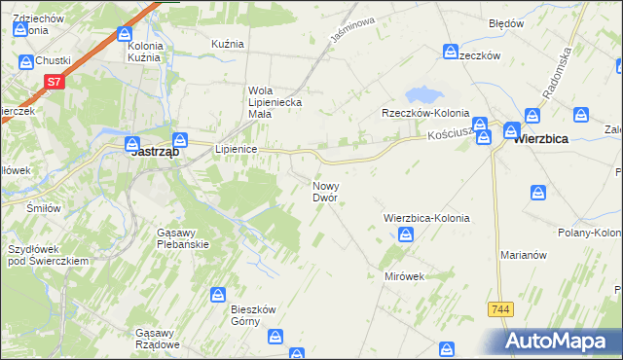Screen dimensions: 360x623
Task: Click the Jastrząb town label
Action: [153, 152]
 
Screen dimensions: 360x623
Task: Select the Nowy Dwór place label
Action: [325, 191]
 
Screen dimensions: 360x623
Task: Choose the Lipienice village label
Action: [235, 149]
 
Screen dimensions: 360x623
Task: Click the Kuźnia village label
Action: [227, 45]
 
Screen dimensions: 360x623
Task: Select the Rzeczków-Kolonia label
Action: [425, 112]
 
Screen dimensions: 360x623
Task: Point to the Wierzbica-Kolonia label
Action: [426, 219]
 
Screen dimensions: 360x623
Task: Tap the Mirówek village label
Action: [404, 276]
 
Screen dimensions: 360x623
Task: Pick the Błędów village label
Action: [506, 22]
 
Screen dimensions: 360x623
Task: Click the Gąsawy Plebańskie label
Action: [183, 238]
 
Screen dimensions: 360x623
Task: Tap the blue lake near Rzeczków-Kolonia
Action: [421, 95]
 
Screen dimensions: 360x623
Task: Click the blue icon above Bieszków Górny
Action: [220, 294]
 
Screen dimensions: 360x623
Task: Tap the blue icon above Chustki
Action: [27, 61]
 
